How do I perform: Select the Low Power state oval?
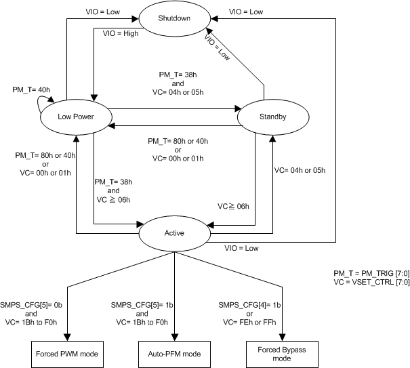tap(75, 117)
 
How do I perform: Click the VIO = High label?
tap(121, 33)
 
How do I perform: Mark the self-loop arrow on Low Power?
tap(42, 103)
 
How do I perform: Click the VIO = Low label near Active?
tap(241, 248)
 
